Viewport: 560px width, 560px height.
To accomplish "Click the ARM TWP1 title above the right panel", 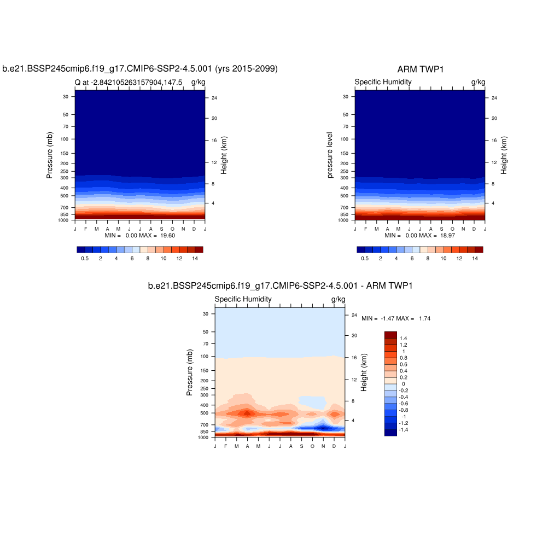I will coord(420,69).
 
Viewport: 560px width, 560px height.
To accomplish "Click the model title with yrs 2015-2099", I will coord(141,69).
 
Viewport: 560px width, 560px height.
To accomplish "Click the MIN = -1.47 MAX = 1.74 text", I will coord(396,318).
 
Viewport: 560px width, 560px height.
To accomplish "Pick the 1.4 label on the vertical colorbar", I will coord(404,339).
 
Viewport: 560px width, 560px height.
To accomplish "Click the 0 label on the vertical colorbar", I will coord(404,384).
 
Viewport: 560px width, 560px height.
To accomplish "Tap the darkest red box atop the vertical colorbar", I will coord(390,334).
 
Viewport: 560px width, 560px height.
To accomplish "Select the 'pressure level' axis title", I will coord(330,155).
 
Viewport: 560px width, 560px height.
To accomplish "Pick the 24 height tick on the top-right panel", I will coord(494,98).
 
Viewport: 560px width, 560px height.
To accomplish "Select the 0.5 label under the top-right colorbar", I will coord(365,258).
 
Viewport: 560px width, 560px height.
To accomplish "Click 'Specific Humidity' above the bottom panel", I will coord(243,300).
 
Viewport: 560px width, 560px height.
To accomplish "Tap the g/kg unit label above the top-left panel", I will coord(199,83).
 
